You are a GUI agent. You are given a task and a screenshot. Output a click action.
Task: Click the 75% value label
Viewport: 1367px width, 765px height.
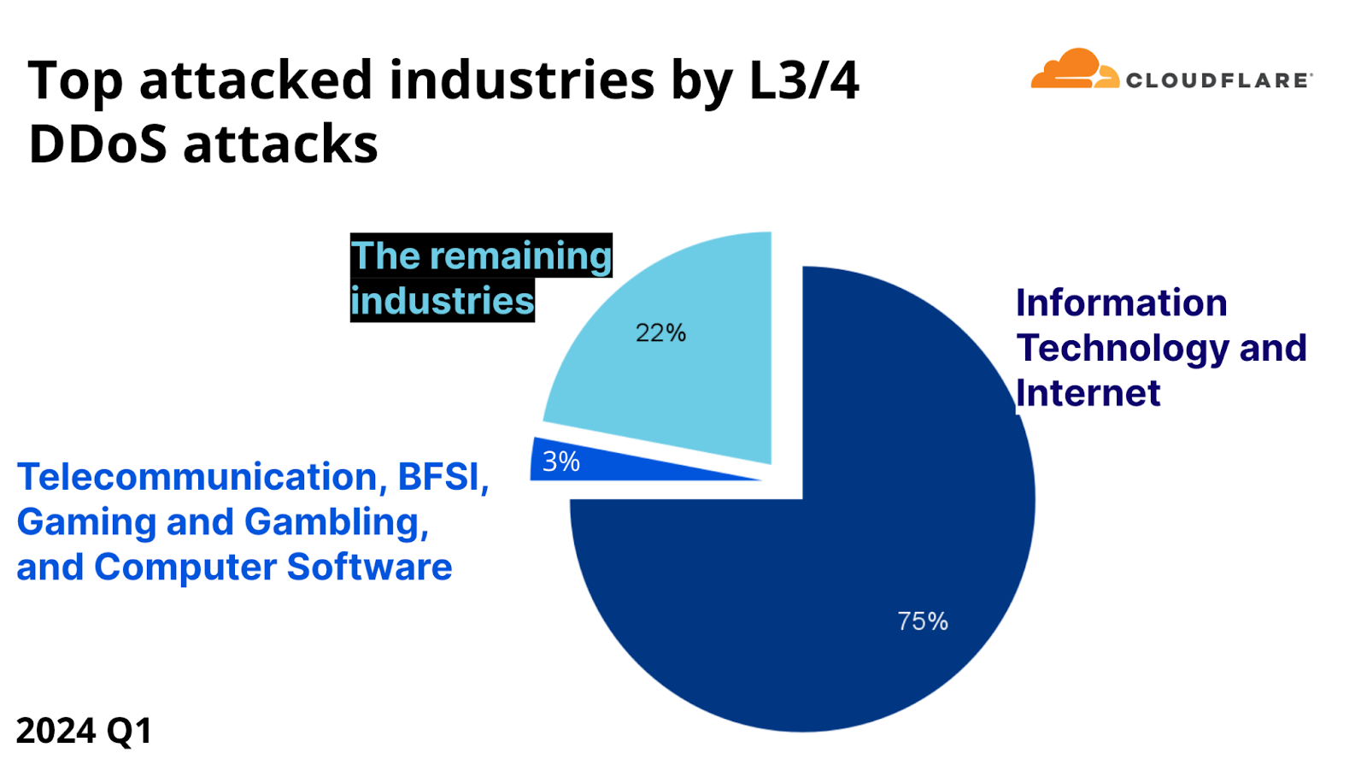tap(922, 621)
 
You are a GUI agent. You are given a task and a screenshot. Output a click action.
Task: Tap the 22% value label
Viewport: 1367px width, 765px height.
tap(660, 332)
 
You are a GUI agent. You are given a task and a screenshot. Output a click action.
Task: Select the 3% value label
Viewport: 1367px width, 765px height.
tap(561, 462)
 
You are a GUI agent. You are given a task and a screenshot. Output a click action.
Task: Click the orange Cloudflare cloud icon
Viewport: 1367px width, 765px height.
tap(1074, 70)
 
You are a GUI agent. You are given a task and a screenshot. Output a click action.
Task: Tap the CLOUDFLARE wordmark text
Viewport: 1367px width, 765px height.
tap(1217, 80)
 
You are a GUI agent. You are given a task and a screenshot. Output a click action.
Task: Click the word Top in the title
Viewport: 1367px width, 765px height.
tap(75, 82)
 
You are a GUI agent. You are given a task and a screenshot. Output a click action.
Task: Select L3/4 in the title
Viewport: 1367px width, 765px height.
tap(803, 80)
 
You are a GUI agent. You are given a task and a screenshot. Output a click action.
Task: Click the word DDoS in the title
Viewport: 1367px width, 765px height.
tap(97, 144)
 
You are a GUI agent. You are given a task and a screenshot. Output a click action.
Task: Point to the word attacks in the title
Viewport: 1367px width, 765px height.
tap(280, 144)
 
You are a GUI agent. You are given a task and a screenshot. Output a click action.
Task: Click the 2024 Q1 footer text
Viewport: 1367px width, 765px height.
tap(84, 731)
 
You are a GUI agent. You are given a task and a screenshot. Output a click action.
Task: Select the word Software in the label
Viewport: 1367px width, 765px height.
tap(369, 567)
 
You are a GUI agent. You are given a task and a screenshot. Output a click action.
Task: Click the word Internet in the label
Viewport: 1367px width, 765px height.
tap(1088, 393)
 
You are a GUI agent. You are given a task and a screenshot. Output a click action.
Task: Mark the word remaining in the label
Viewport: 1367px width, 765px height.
tap(520, 256)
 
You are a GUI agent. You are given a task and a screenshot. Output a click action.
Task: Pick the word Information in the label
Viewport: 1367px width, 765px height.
tap(1121, 303)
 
